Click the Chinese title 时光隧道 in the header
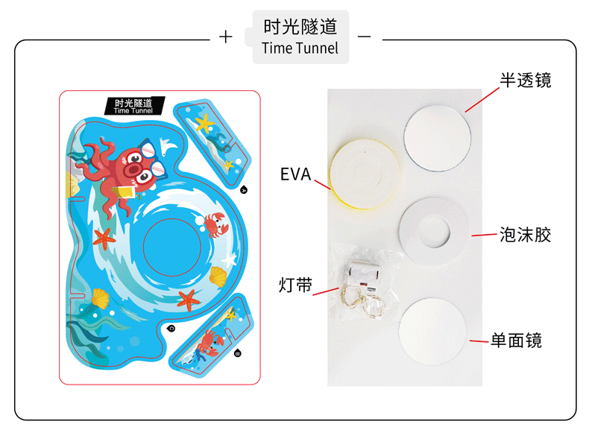point(300,28)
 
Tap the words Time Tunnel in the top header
point(300,49)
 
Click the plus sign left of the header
point(226,37)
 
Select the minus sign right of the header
point(365,37)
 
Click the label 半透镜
point(525,80)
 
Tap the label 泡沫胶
point(525,236)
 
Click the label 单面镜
point(515,341)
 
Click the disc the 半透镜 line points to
point(438,136)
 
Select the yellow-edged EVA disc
point(366,176)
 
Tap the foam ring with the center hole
point(434,232)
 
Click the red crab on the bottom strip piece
point(208,343)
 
